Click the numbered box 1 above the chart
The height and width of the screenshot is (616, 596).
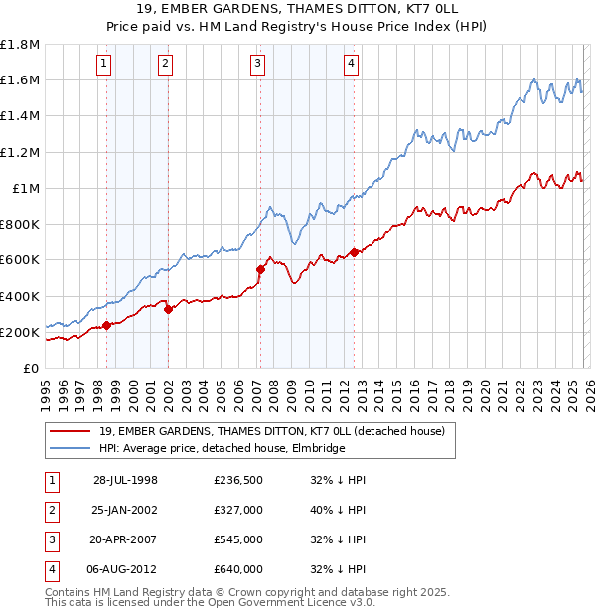pos(105,64)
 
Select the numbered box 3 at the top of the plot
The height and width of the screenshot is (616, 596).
pos(257,64)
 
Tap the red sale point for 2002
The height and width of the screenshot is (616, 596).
pos(168,309)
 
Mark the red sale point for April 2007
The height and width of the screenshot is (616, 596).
pos(260,269)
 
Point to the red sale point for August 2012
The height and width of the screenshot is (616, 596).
pos(354,252)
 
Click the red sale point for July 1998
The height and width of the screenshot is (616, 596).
pos(106,325)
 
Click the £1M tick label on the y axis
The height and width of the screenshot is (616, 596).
pos(26,188)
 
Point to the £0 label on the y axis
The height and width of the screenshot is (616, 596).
pos(32,368)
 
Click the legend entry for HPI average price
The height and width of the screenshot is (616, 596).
pos(222,448)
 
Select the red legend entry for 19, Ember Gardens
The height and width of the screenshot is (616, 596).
pos(277,431)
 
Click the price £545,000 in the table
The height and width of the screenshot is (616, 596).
pos(237,541)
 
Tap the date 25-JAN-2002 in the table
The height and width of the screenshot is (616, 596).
pos(125,511)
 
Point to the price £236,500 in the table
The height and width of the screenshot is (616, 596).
pos(237,480)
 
